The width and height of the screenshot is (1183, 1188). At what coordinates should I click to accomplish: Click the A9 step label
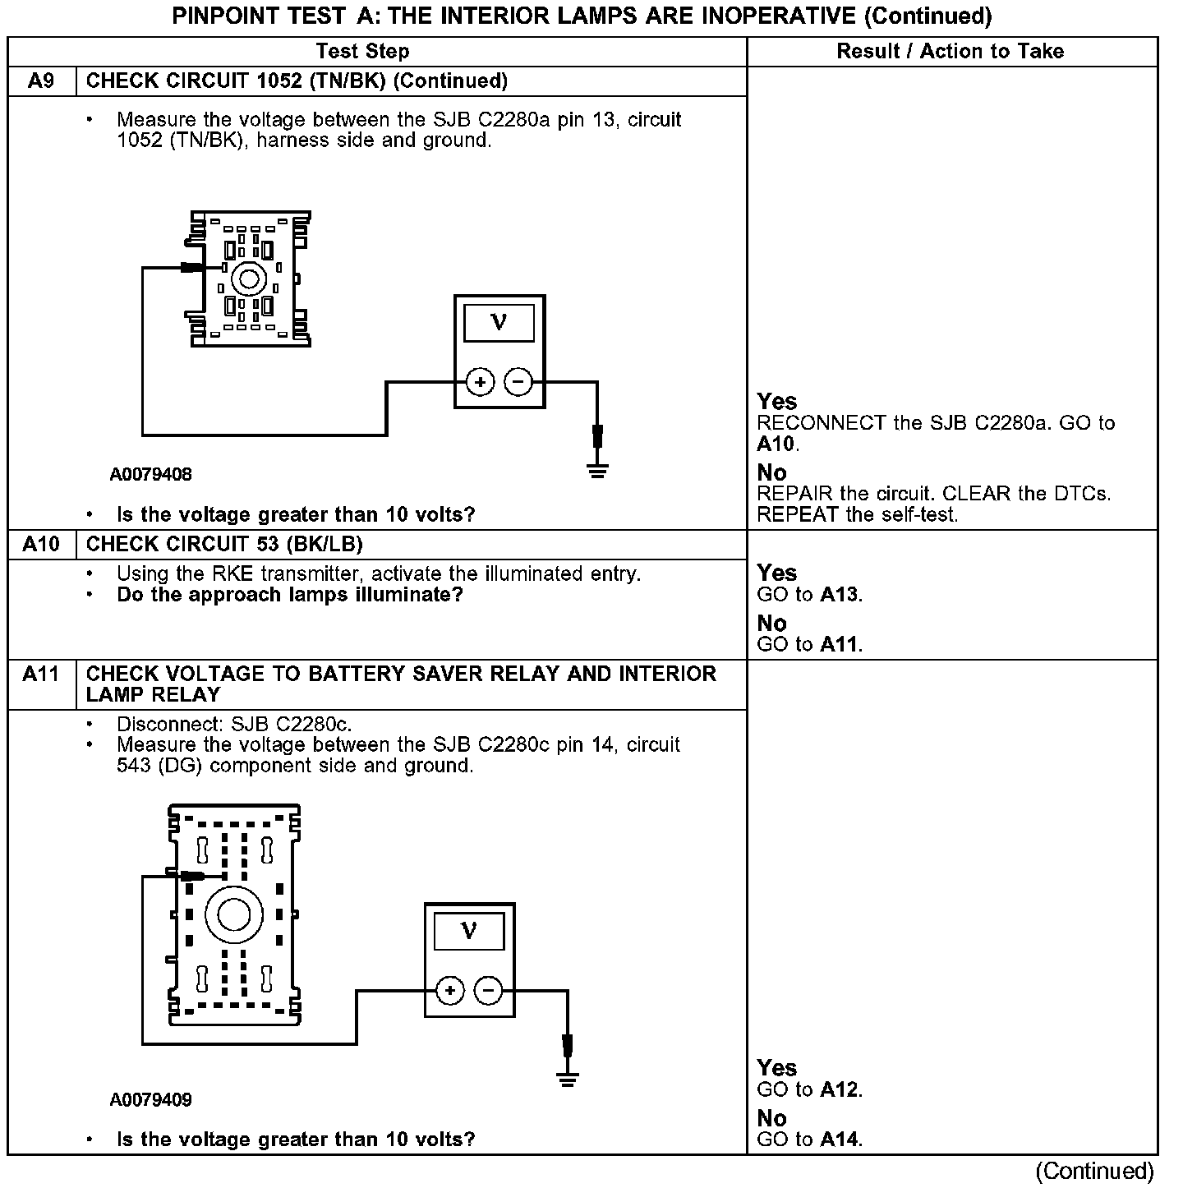click(41, 81)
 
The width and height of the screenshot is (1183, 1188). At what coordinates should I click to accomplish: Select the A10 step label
click(41, 544)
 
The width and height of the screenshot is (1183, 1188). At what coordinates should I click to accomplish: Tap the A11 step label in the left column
click(41, 675)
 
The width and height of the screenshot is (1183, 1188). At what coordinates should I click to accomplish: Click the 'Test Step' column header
click(362, 51)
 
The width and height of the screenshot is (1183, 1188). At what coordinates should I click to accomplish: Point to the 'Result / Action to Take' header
click(950, 51)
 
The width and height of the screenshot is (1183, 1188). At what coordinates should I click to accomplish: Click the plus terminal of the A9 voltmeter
click(480, 382)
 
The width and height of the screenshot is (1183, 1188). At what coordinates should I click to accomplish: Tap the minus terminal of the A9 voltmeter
click(518, 382)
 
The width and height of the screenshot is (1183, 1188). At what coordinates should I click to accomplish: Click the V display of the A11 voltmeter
click(469, 932)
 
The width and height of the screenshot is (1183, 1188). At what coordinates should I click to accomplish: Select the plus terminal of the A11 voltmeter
click(449, 991)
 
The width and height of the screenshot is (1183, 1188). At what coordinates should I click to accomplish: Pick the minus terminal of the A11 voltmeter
click(488, 991)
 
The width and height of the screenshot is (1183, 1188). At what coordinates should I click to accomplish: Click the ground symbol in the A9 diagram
click(598, 471)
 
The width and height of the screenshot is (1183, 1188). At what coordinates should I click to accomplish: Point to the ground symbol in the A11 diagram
click(567, 1079)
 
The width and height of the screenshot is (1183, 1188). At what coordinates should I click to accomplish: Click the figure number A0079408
click(151, 475)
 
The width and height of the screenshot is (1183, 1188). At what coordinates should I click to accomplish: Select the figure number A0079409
click(151, 1100)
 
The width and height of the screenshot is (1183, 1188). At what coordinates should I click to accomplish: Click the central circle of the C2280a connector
click(246, 279)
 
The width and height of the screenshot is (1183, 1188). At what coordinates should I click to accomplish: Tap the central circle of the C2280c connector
click(234, 914)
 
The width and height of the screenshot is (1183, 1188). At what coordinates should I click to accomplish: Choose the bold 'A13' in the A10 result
click(840, 594)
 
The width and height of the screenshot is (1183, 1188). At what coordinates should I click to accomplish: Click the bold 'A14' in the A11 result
click(840, 1139)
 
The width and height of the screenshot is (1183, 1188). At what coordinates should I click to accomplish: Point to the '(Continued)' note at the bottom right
click(1094, 1171)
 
